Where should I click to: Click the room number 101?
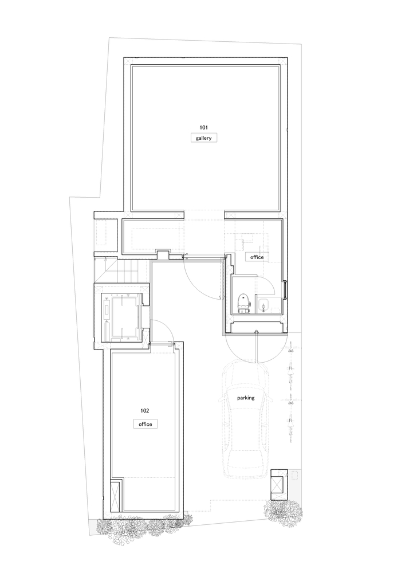(203, 128)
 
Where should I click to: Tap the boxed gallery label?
(204, 138)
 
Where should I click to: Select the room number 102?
(144, 411)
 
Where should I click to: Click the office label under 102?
(146, 424)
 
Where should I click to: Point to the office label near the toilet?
(257, 257)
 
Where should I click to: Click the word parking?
(246, 398)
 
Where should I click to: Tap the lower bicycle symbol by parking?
(291, 419)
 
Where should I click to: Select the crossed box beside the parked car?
(278, 484)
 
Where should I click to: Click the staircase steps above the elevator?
(117, 270)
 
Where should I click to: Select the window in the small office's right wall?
(285, 289)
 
